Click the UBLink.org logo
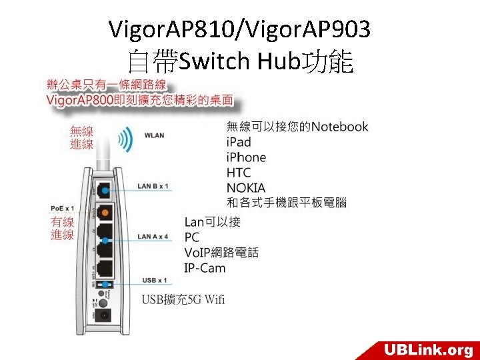coord(427,349)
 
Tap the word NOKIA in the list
coord(246,188)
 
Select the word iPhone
coord(246,157)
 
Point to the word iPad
coord(239,142)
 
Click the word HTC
coord(238,173)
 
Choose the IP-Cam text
coord(205,268)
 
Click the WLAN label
coord(155,135)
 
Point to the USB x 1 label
coord(155,281)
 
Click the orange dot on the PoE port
coord(105,213)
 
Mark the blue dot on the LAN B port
coord(105,190)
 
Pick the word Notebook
coord(339,127)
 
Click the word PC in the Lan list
coord(192,237)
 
